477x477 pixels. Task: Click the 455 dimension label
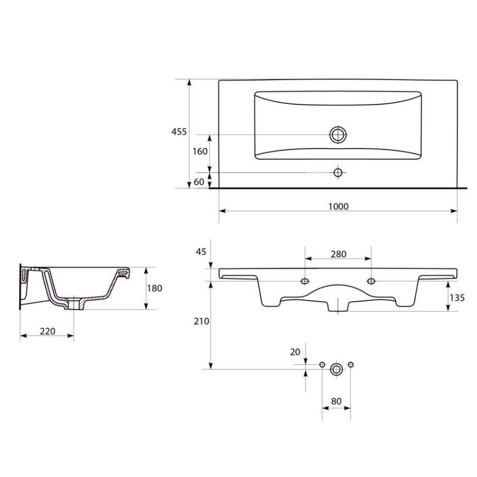click(179, 132)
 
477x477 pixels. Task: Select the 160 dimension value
click(200, 152)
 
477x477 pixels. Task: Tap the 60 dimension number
click(198, 181)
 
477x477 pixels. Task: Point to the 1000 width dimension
click(338, 206)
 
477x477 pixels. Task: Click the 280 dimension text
click(338, 254)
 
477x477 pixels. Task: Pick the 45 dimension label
click(201, 252)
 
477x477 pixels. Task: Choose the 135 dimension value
click(457, 298)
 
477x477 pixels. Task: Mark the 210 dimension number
click(201, 321)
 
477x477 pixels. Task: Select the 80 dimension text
click(336, 402)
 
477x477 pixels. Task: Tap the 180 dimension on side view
click(154, 288)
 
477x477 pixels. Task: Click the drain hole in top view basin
click(338, 135)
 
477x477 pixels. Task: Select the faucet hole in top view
click(338, 173)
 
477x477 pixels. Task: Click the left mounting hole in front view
click(305, 281)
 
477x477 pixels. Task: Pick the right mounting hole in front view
click(371, 281)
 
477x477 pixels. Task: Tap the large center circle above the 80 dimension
click(336, 369)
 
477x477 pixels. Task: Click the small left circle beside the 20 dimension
click(323, 364)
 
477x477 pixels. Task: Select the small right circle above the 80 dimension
click(351, 364)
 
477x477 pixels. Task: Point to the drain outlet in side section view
click(74, 303)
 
